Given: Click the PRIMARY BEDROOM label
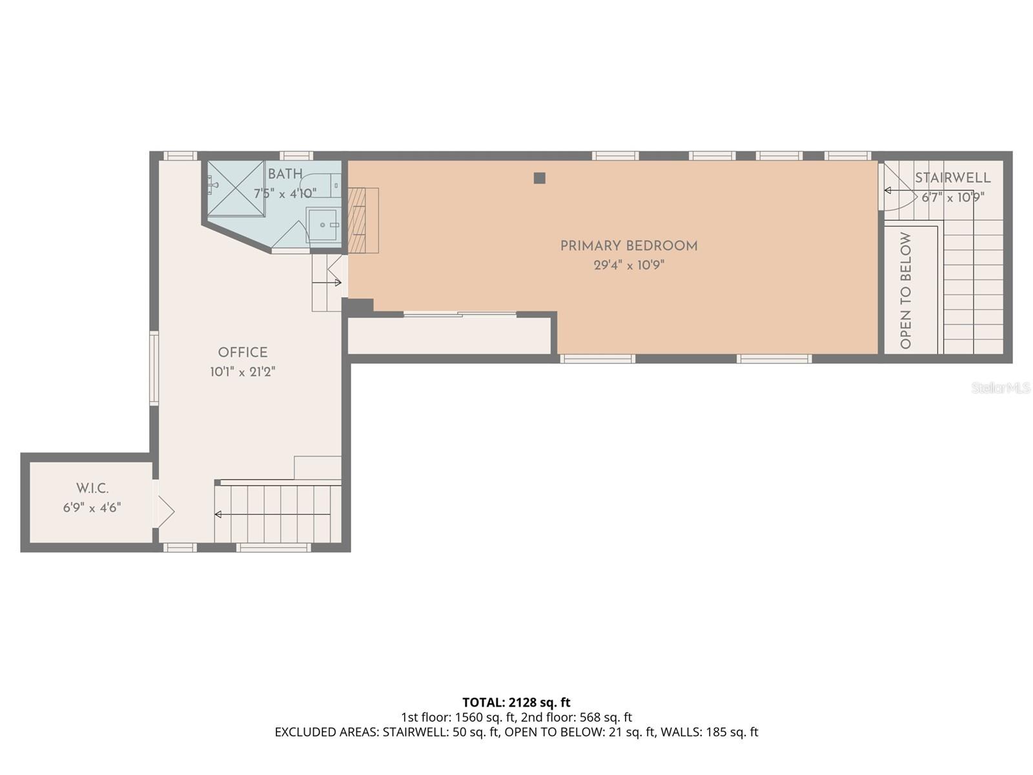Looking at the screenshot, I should point(628,246).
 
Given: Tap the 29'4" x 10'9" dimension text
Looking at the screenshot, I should point(628,265).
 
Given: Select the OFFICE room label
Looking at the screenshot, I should point(242,353).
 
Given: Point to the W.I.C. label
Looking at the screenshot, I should point(92,489).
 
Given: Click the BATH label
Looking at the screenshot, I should point(285,174).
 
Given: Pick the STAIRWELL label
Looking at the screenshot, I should point(952,178).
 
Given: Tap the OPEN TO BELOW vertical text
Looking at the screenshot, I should point(906,291).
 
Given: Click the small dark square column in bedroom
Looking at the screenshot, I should point(540,178).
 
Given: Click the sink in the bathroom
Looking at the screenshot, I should point(323,225).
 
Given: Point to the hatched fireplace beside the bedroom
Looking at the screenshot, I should point(363,220).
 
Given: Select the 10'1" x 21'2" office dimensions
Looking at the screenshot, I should point(242,372).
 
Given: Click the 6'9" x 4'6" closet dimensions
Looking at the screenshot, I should point(92,508).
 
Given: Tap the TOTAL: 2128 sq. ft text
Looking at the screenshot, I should point(516,702).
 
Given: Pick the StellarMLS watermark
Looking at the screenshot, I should point(1000,387).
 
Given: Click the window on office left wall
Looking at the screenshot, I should point(154,368).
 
